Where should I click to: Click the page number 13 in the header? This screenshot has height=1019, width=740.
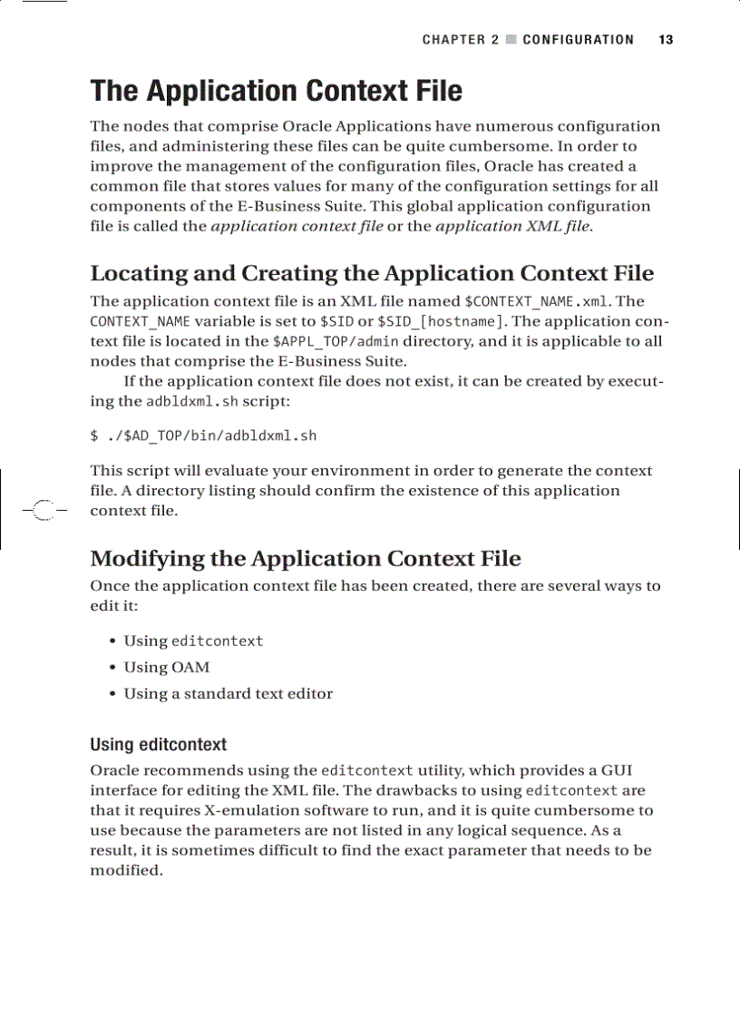[666, 40]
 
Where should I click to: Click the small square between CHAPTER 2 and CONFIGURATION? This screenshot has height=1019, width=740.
[511, 40]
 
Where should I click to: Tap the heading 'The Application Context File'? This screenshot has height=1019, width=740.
[276, 92]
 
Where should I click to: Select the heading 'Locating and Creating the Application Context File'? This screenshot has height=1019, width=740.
[372, 273]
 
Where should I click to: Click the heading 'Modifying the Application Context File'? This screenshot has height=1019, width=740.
[306, 558]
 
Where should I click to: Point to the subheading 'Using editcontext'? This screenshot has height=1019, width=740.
[158, 745]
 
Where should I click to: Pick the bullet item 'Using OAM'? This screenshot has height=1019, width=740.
[166, 667]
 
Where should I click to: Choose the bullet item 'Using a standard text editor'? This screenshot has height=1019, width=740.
[228, 693]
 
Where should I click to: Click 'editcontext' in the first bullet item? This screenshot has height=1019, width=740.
[218, 641]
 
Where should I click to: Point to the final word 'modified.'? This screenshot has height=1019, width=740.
[127, 870]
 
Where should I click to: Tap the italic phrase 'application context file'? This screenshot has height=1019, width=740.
[297, 226]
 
